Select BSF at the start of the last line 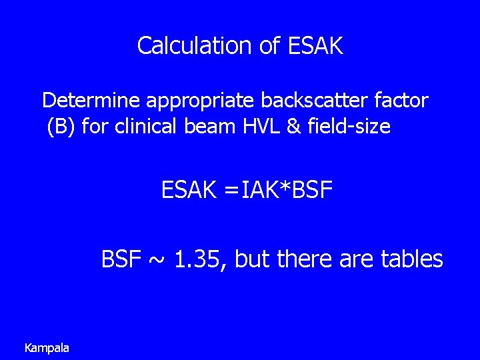[x=122, y=258]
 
